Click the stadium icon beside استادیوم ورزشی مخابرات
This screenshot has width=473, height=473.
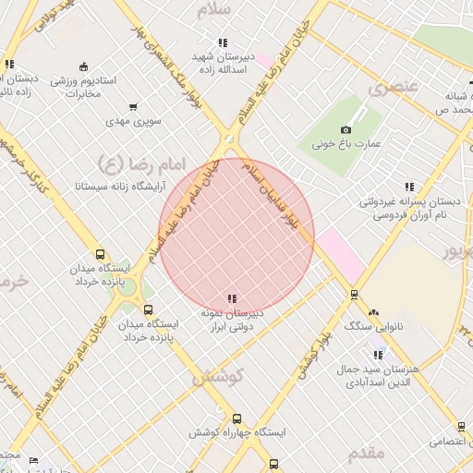pos(84,66)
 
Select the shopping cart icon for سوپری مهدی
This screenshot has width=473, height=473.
pos(134,107)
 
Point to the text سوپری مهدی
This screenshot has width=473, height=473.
pos(134,121)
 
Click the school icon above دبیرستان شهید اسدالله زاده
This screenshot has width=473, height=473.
pos(222,42)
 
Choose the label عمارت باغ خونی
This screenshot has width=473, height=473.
pos(346,144)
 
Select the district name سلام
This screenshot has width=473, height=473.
pos(219,10)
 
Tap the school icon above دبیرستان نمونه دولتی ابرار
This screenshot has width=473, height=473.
pos(232,298)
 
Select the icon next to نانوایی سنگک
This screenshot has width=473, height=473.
pos(375,313)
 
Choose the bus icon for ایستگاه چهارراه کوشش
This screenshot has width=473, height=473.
pos(237,418)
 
